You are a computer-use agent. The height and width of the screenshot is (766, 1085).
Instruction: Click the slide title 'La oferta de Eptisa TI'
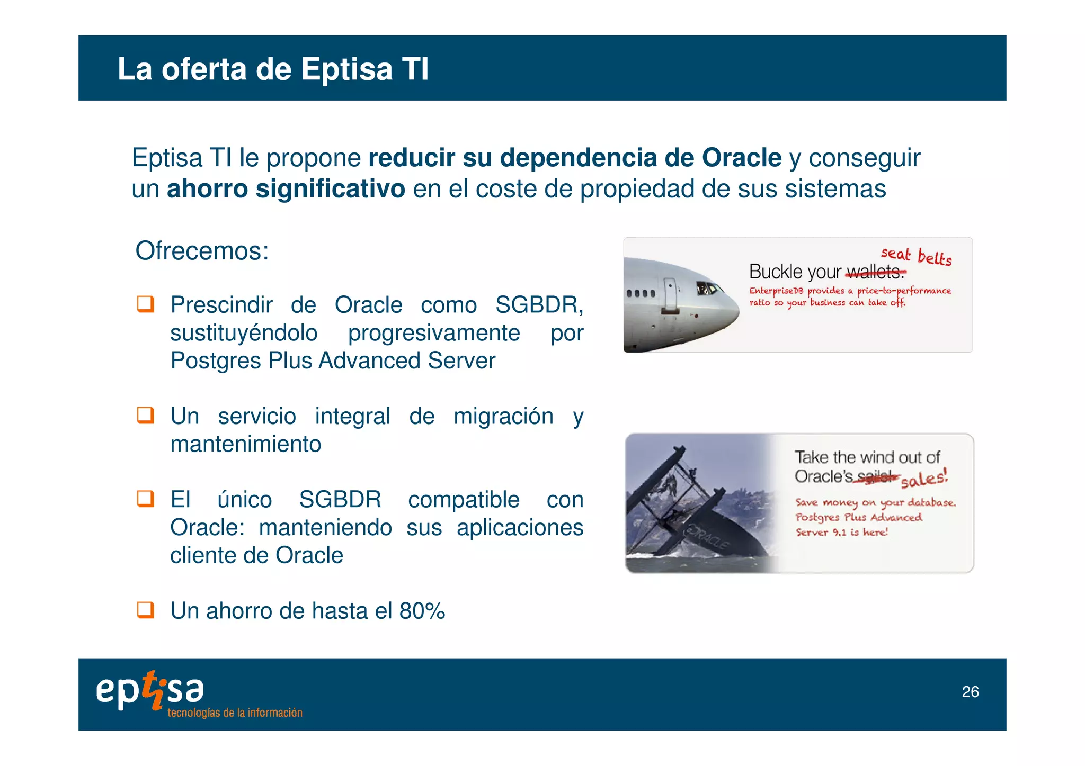[273, 69]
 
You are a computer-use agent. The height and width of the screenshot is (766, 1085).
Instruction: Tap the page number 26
[970, 692]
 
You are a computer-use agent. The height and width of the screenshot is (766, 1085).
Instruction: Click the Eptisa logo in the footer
[150, 689]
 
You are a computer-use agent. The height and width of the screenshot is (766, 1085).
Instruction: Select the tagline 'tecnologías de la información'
[235, 713]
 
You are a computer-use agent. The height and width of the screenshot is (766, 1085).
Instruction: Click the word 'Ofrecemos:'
[202, 251]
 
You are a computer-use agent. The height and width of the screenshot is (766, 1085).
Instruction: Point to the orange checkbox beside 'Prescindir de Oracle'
[146, 304]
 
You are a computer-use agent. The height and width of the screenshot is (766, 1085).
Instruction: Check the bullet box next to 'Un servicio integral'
[146, 415]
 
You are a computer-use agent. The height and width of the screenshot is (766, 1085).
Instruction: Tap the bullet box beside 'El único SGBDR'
[146, 499]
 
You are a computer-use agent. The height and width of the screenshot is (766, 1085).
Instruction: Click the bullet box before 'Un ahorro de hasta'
[146, 610]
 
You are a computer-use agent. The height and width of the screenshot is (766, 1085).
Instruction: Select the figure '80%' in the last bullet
[422, 611]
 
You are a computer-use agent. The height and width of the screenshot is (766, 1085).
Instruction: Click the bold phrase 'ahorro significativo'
[286, 189]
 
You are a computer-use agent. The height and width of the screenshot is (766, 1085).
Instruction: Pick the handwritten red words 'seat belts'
[916, 256]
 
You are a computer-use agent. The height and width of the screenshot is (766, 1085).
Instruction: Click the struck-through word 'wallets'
[875, 273]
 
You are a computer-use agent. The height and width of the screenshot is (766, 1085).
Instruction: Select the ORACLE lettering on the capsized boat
[707, 537]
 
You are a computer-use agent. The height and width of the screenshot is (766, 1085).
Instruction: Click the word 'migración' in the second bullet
[503, 416]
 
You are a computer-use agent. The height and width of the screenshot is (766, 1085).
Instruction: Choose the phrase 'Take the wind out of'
[867, 457]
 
